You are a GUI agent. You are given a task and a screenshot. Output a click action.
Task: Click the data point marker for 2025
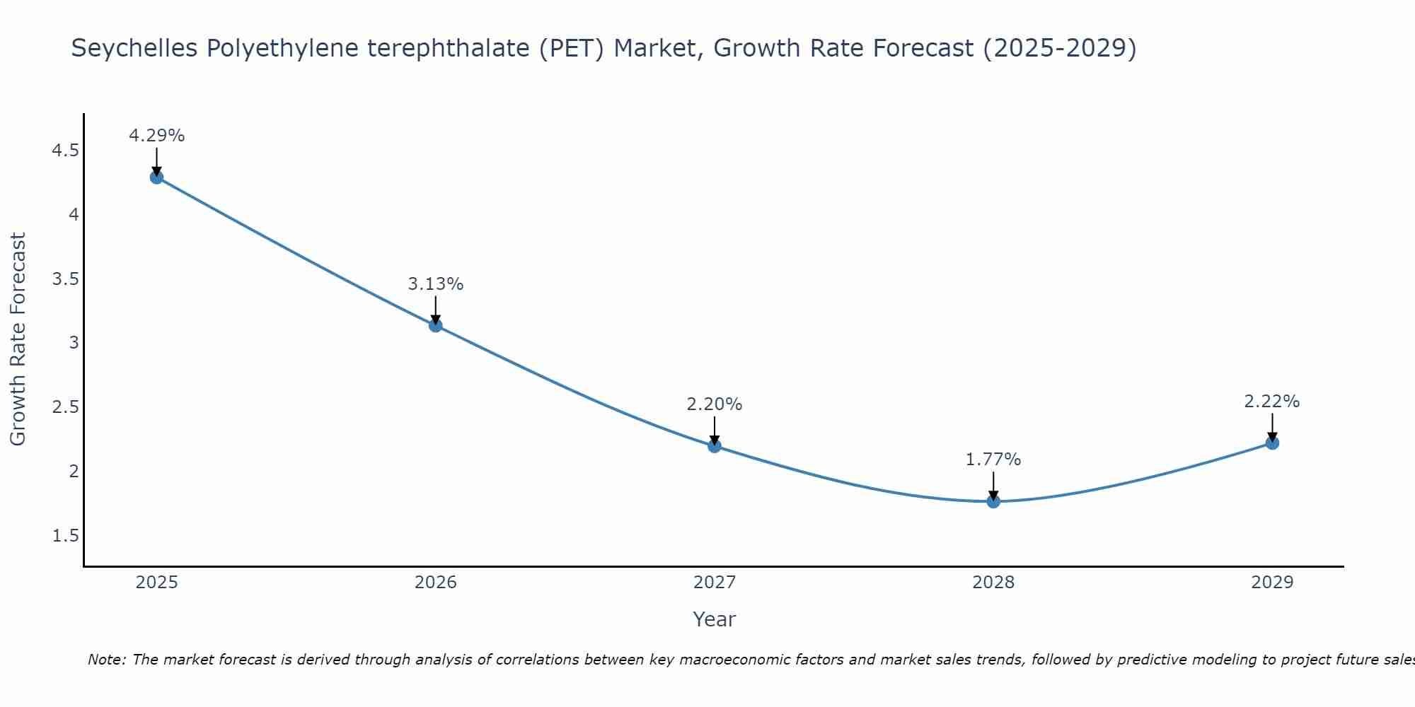[x=156, y=177]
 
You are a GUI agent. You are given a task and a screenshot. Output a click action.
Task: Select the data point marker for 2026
[x=435, y=325]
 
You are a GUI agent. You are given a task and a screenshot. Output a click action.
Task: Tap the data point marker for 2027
[x=714, y=445]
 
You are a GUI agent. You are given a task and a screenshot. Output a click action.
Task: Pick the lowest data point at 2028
[x=993, y=501]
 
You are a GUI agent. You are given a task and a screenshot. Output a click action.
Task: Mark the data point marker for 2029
[x=1271, y=443]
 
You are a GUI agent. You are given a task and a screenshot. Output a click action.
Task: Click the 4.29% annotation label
[x=156, y=136]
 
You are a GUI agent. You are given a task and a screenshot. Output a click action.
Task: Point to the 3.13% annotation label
[x=435, y=284]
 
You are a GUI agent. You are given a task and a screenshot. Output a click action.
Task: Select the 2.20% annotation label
[x=714, y=404]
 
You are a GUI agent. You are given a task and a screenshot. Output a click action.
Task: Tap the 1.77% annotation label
[x=993, y=460]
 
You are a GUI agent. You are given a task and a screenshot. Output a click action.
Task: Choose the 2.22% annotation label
[x=1271, y=402]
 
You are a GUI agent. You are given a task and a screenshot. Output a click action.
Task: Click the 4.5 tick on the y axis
[x=65, y=151]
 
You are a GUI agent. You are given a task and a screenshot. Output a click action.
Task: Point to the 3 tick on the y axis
[x=74, y=343]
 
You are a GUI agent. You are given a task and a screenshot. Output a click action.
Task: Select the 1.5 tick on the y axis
[x=65, y=536]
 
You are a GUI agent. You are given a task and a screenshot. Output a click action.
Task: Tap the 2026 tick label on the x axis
[x=435, y=583]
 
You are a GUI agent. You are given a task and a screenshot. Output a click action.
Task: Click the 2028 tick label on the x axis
[x=993, y=583]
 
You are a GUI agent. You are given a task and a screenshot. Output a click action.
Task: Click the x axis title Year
[x=714, y=619]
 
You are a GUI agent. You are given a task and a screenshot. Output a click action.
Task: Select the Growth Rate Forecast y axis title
[x=18, y=339]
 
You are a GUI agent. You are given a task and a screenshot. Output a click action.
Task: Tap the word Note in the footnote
[x=106, y=660]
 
